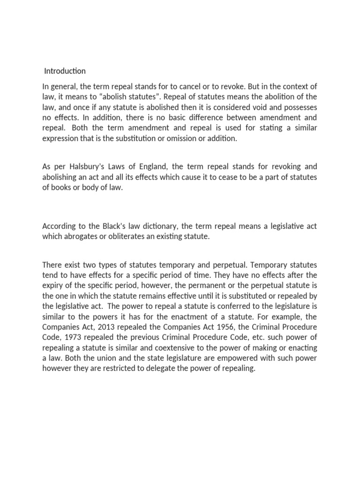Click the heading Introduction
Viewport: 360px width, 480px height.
point(65,71)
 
